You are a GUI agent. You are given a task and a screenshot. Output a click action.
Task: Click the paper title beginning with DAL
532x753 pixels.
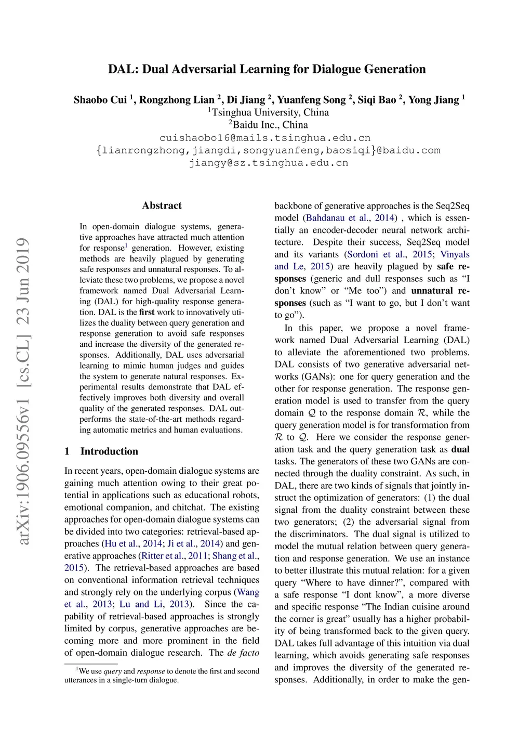click(267, 69)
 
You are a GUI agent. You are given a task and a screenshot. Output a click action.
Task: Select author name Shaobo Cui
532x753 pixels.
click(100, 100)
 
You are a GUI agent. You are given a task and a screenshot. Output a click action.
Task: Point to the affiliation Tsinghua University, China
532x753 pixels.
click(270, 112)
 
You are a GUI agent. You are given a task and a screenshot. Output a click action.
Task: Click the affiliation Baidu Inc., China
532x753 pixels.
click(270, 125)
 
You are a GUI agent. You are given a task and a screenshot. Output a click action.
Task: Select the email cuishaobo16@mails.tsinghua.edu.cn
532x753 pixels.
click(265, 138)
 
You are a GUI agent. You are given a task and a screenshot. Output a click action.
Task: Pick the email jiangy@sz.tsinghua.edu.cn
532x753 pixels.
click(268, 163)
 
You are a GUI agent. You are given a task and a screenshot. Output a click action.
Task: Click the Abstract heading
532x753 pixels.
click(162, 205)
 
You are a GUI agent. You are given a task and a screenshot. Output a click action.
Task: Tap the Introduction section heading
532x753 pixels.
click(109, 451)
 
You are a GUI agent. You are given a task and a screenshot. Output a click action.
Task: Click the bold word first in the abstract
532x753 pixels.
click(147, 312)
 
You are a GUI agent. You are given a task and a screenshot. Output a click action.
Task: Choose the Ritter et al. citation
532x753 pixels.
click(163, 556)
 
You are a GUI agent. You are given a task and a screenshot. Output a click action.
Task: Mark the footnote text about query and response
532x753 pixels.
click(162, 676)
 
